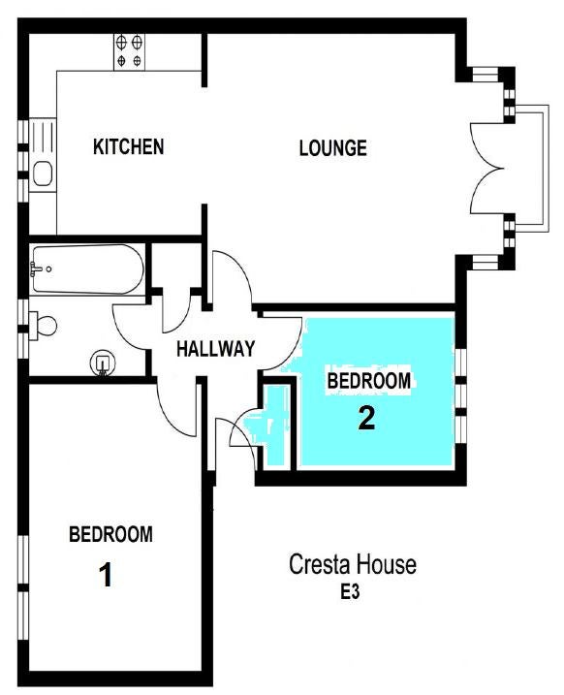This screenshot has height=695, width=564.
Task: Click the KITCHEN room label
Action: (x=129, y=146)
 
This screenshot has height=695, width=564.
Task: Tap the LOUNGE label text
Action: (x=333, y=148)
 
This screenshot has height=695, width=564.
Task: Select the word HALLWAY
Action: (x=216, y=349)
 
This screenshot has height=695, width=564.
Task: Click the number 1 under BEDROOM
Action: (x=106, y=575)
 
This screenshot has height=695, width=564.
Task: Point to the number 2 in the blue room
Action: (x=366, y=418)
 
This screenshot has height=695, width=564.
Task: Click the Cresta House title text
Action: (x=353, y=565)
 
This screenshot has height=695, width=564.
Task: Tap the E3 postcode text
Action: (x=350, y=592)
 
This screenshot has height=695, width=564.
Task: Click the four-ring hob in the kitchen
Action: (x=129, y=51)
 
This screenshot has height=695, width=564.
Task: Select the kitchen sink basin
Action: (x=43, y=174)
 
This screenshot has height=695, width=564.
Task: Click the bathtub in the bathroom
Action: (x=88, y=269)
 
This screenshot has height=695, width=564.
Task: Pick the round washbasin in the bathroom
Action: (x=103, y=363)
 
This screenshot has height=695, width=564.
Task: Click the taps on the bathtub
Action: (x=36, y=269)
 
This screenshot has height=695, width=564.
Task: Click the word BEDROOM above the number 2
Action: (x=368, y=382)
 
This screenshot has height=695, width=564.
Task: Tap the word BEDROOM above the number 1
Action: (x=110, y=534)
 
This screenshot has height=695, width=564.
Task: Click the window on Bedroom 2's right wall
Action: (x=460, y=395)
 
